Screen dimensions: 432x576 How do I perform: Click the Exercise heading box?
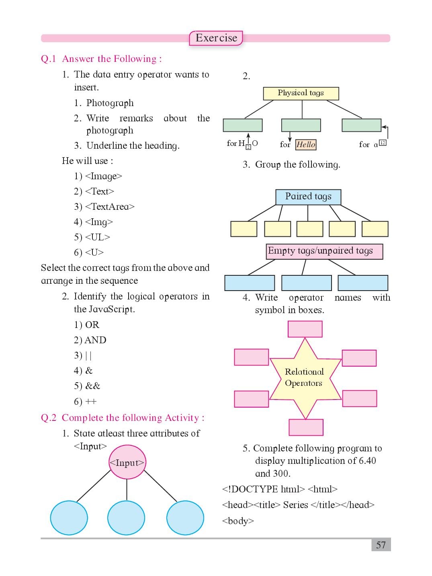(x=216, y=38)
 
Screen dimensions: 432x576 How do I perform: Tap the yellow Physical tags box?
(x=301, y=93)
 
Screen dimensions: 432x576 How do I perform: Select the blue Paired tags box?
(x=308, y=197)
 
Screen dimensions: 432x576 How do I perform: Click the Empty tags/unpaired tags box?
(x=324, y=251)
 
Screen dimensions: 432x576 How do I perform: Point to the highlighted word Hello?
(x=305, y=145)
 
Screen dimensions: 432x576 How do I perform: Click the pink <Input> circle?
(x=127, y=462)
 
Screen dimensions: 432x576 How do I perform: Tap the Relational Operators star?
(x=305, y=378)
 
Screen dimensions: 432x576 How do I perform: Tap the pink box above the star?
(x=305, y=329)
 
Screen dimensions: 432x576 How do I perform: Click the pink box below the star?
(x=306, y=427)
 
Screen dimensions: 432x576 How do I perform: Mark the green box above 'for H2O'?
(x=243, y=125)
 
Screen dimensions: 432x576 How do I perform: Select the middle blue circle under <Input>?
(x=126, y=518)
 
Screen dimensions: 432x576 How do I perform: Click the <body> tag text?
(x=238, y=521)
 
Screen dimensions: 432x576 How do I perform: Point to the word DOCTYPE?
(x=255, y=490)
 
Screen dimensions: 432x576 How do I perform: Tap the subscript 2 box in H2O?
(x=248, y=147)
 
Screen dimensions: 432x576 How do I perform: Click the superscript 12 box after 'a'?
(x=383, y=143)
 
